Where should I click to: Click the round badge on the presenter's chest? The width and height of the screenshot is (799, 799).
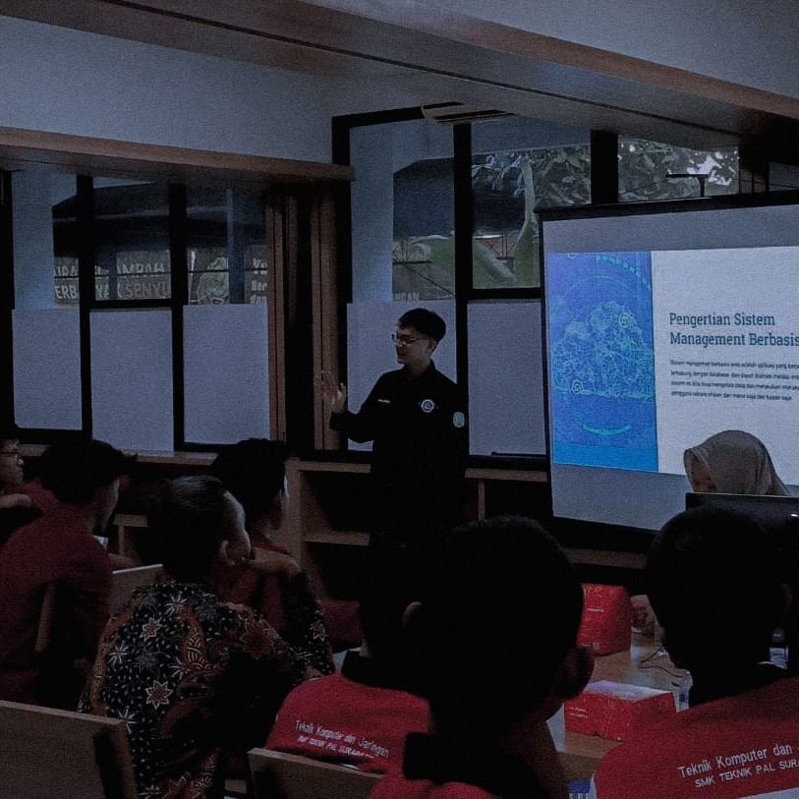(x=427, y=405)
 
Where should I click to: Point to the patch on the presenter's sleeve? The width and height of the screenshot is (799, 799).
(x=458, y=419)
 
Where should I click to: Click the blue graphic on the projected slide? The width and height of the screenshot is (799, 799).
(x=600, y=360)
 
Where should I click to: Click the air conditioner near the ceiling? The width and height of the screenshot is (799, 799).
(x=468, y=111)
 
